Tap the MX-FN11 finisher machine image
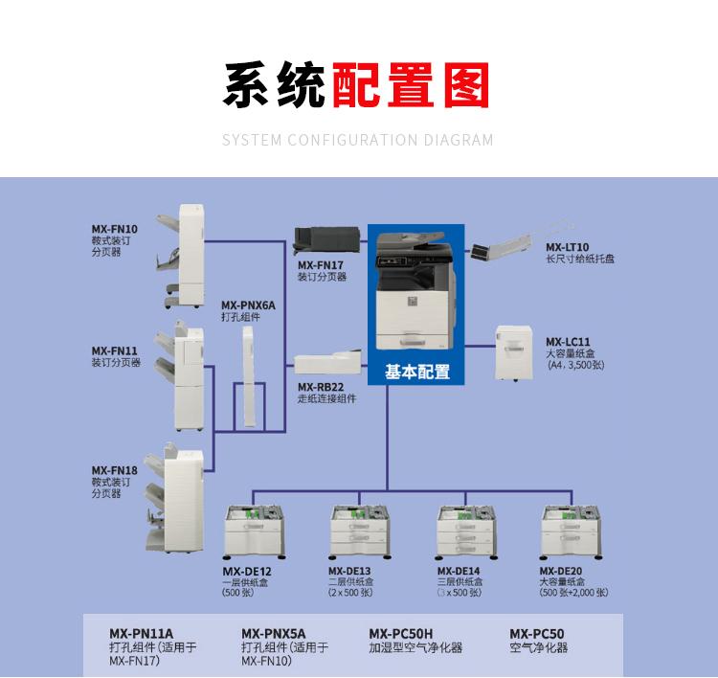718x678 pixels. pyautogui.click(x=188, y=378)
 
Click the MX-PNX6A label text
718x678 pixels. pyautogui.click(x=248, y=305)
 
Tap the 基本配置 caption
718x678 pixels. pyautogui.click(x=416, y=373)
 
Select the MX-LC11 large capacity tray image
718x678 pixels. pyautogui.click(x=513, y=352)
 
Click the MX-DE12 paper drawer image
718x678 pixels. pyautogui.click(x=253, y=532)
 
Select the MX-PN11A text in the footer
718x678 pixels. pyautogui.click(x=141, y=633)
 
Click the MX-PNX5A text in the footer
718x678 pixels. pyautogui.click(x=274, y=633)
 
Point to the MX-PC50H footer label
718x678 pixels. pyautogui.click(x=401, y=633)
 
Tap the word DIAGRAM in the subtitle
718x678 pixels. pyautogui.click(x=459, y=140)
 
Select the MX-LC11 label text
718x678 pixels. pyautogui.click(x=568, y=341)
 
